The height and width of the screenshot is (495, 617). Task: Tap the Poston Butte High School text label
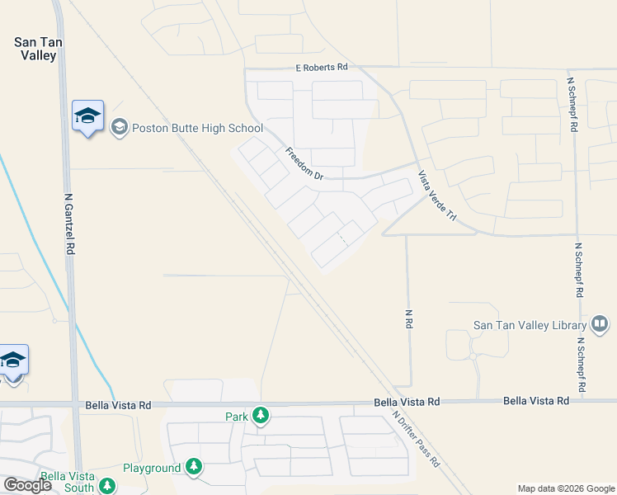197,128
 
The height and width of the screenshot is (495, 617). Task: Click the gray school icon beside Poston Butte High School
120,127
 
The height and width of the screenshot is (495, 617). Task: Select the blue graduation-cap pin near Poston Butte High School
87,118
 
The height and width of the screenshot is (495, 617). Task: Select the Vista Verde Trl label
436,196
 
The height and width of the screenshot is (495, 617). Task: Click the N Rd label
408,319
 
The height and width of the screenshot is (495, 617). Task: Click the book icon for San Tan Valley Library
600,324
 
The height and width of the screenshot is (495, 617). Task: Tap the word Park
237,417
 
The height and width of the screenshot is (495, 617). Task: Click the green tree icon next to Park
261,415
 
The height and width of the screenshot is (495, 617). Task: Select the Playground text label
152,468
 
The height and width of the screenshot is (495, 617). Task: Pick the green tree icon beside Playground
194,467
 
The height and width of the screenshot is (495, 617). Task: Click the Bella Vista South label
68,482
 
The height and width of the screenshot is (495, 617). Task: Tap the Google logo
27,485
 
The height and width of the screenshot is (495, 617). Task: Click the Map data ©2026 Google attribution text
565,488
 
